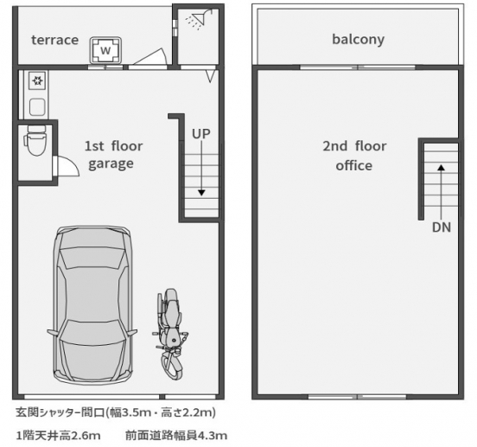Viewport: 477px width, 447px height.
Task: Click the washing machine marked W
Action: pos(105,50)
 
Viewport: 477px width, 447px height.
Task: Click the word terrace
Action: pos(54,40)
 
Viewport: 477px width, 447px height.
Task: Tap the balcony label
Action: pos(358,40)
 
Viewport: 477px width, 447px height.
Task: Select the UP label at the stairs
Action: pos(201,133)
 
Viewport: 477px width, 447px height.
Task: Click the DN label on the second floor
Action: pos(442,229)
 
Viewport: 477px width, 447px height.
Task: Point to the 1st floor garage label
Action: pos(113,155)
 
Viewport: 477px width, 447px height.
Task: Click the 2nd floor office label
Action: pos(353,156)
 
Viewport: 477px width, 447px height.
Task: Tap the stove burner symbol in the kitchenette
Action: pos(37,82)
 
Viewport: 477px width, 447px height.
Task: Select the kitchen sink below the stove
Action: pos(37,106)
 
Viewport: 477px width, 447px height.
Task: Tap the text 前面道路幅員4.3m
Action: pos(176,434)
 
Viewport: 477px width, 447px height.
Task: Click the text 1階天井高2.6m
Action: pos(59,434)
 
